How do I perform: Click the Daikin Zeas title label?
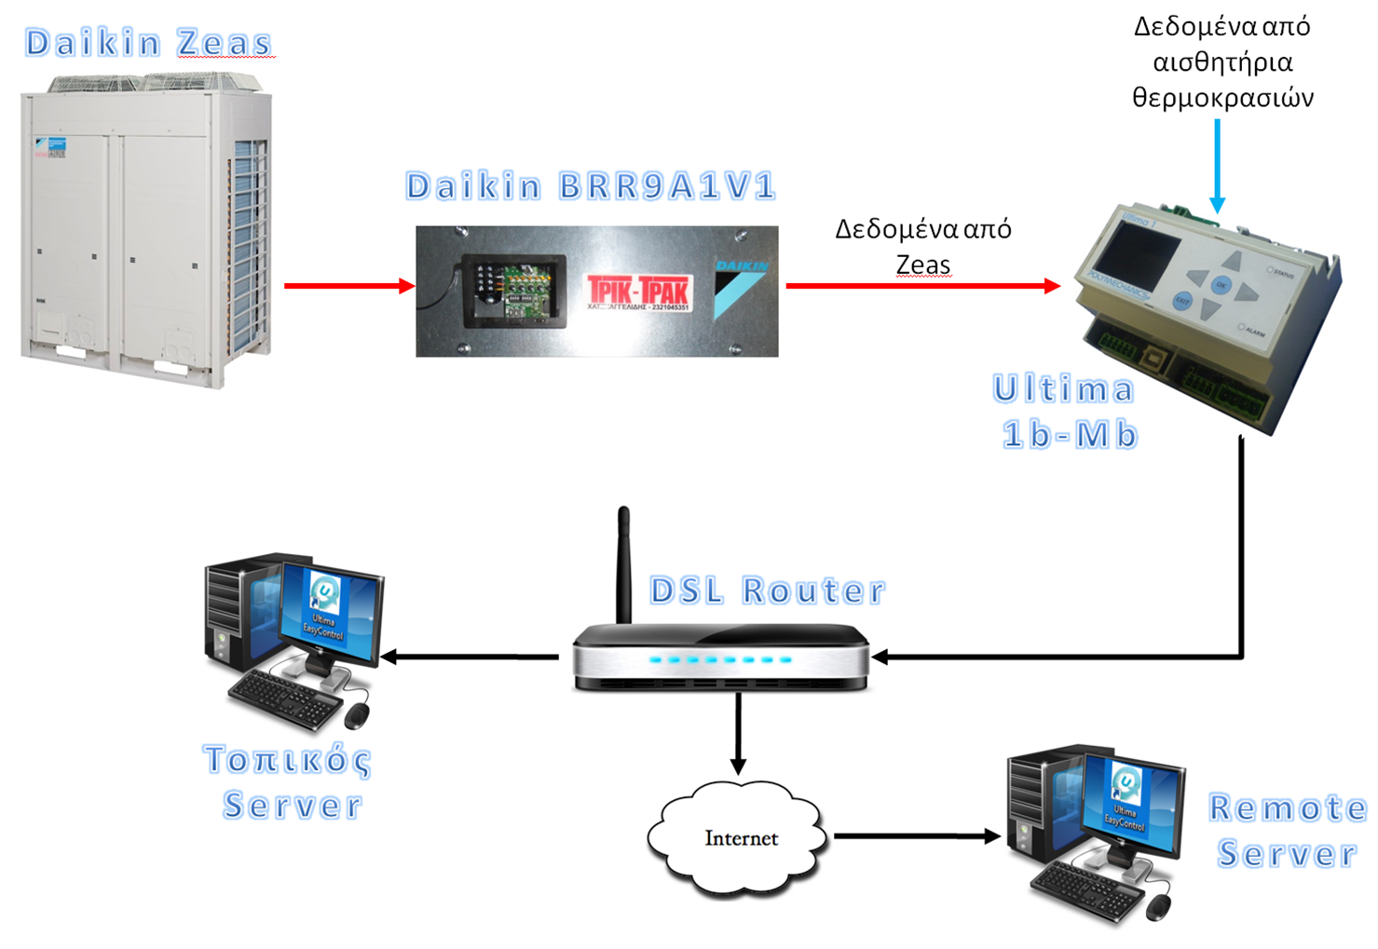(x=148, y=43)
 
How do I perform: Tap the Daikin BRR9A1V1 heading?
(x=591, y=186)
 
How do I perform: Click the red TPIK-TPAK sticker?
(x=639, y=291)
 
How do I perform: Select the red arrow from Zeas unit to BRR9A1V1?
(x=348, y=286)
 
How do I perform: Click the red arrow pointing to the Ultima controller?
(x=922, y=286)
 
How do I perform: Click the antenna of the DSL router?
(x=624, y=563)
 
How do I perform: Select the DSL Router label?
(x=767, y=590)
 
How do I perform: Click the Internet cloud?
(x=739, y=835)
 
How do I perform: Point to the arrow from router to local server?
(x=471, y=657)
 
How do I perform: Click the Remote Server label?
(x=1287, y=831)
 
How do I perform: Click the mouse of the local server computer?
(x=357, y=715)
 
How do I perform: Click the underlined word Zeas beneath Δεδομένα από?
(x=923, y=265)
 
